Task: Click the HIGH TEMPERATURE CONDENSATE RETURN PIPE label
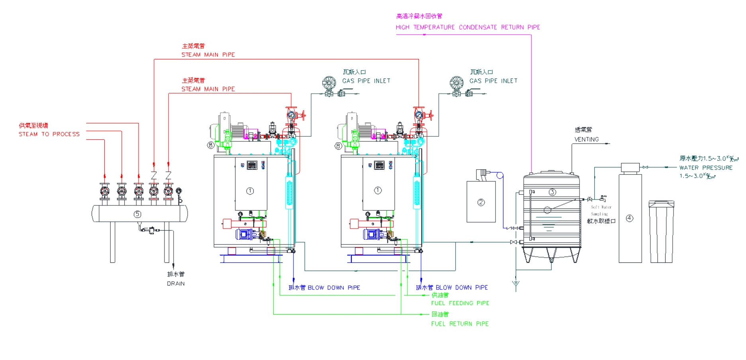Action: coord(468,27)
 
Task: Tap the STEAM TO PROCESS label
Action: coord(49,134)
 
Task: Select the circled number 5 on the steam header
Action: coord(137,214)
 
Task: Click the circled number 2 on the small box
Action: coord(481,202)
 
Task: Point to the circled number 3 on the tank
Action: coord(552,192)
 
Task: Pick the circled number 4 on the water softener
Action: coord(629,218)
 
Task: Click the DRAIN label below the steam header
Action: coord(176,284)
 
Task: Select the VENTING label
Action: coord(586,139)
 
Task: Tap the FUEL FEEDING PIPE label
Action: coord(460,303)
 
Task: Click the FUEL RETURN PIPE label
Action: coord(460,324)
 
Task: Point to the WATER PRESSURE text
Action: coord(706,168)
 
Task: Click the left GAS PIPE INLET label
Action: coord(366,81)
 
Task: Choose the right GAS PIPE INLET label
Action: coord(493,81)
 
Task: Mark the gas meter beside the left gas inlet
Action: coord(329,83)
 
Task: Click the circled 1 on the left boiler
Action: coord(250,191)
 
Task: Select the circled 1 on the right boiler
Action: coord(378,190)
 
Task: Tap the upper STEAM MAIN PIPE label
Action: coord(208,55)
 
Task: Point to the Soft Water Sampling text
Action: coord(601,210)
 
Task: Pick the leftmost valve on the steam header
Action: coord(105,192)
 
